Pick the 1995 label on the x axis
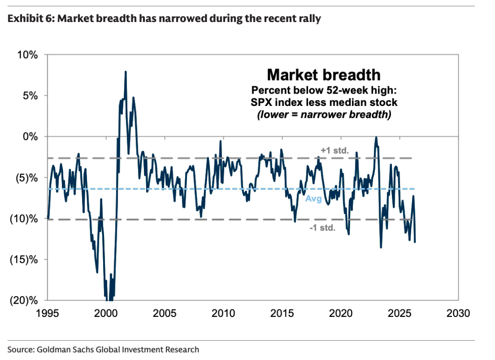point(48,314)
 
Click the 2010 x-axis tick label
point(224,314)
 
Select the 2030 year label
point(458,314)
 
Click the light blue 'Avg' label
point(311,199)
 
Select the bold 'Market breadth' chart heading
point(324,75)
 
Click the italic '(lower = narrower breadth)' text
point(324,115)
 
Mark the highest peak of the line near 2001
point(126,72)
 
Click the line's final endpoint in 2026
point(415,242)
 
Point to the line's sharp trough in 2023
point(381,248)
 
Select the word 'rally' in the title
point(310,19)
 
